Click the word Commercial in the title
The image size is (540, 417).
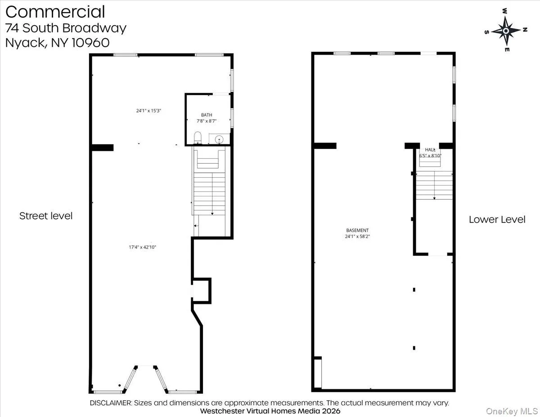(55, 12)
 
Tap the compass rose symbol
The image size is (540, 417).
(505, 31)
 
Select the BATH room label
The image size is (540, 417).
(207, 115)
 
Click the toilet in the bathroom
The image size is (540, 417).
(197, 138)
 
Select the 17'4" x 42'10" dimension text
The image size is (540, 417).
(142, 247)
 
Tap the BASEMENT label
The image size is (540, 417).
(357, 230)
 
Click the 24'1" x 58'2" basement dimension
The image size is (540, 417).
(357, 236)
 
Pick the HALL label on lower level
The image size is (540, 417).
(430, 149)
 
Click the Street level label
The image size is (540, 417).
(46, 216)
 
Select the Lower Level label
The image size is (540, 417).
(497, 220)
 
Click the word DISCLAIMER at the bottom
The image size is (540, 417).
(111, 403)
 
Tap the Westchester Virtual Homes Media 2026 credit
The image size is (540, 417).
(270, 411)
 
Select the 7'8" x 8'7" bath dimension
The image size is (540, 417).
(207, 121)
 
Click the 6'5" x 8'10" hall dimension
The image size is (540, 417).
(430, 156)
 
